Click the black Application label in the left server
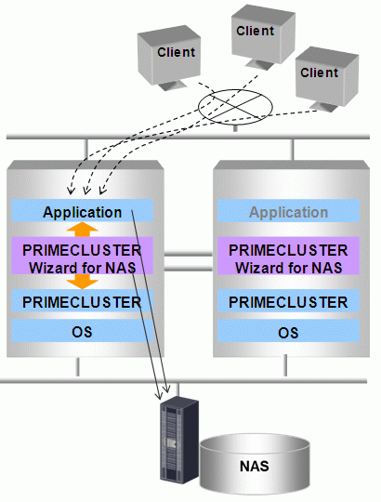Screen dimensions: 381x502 tap(82, 212)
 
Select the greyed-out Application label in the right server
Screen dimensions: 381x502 tap(289, 212)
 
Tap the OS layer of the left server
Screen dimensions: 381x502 tap(82, 331)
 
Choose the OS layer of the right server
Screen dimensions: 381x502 tap(288, 331)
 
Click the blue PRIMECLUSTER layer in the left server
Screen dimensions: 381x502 tap(82, 301)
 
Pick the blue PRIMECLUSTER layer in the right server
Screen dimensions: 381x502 tap(288, 301)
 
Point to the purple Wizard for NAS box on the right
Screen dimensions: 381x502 tap(288, 256)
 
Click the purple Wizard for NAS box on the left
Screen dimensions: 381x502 tap(82, 256)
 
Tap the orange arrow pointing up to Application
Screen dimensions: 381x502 tap(82, 230)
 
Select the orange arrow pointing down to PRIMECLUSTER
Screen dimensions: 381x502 tap(82, 282)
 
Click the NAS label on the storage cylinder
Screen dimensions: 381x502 tap(255, 466)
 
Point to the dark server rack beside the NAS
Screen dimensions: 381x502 tap(179, 441)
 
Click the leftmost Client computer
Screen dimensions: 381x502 tap(169, 58)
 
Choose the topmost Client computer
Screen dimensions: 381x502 tap(263, 36)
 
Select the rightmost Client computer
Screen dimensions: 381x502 tap(326, 78)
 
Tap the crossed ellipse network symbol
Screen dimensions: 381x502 tap(235, 107)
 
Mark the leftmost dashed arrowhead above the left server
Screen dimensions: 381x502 tap(71, 191)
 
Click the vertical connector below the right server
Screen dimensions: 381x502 tap(285, 365)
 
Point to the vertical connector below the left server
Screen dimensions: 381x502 tap(77, 367)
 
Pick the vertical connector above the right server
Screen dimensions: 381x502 tap(292, 150)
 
